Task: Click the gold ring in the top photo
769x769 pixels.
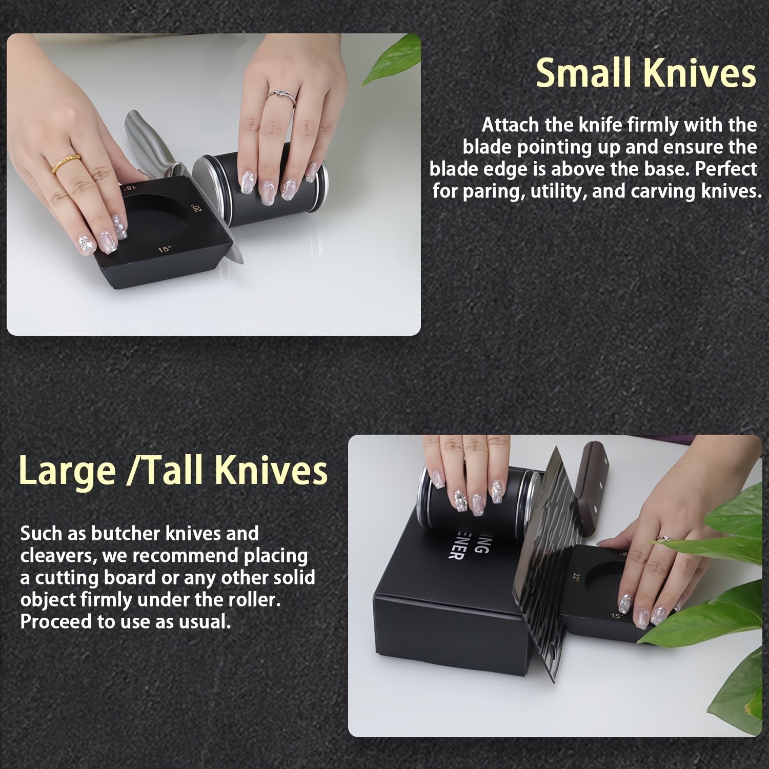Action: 67,162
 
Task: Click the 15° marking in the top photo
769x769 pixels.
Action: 164,250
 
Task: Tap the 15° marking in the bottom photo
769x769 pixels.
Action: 616,615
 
